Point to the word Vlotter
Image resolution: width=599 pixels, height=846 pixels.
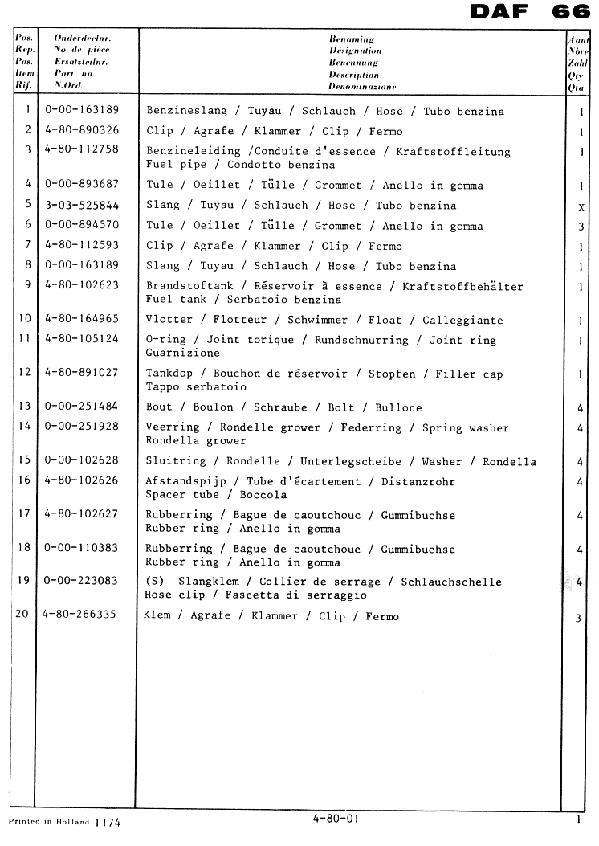pos(169,320)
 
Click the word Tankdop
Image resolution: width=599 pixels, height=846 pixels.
pos(169,374)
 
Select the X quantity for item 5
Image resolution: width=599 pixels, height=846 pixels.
pos(581,207)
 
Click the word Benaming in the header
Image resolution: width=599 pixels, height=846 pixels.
pos(352,38)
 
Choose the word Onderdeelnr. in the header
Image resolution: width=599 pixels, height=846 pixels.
pos(82,38)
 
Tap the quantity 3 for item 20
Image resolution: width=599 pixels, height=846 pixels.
pos(579,618)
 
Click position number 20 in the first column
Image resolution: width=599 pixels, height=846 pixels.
pos(23,615)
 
